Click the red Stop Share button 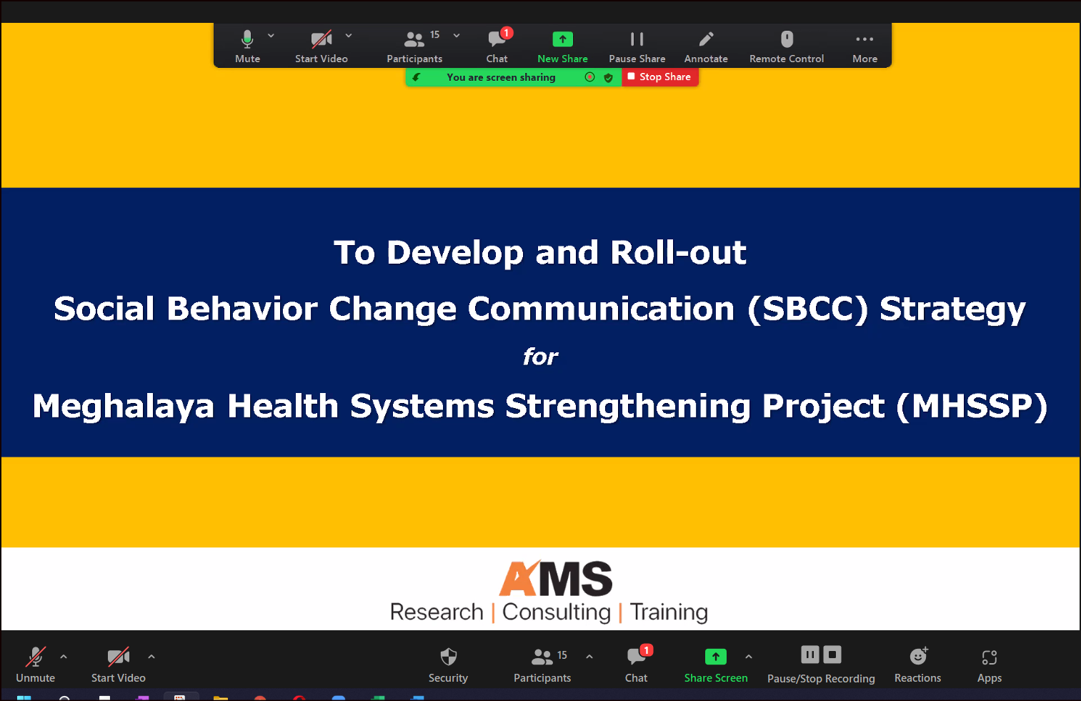tap(659, 77)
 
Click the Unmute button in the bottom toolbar tap(35, 665)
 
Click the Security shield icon tap(448, 657)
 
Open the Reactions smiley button tap(917, 665)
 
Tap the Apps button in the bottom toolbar tap(990, 665)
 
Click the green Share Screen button tap(716, 665)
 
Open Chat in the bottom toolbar tap(637, 665)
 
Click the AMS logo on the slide tap(555, 578)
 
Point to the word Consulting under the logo tap(557, 612)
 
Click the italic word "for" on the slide tap(540, 357)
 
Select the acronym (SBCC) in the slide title tap(807, 309)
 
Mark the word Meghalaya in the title tap(123, 406)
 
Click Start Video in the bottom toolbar tap(118, 665)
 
